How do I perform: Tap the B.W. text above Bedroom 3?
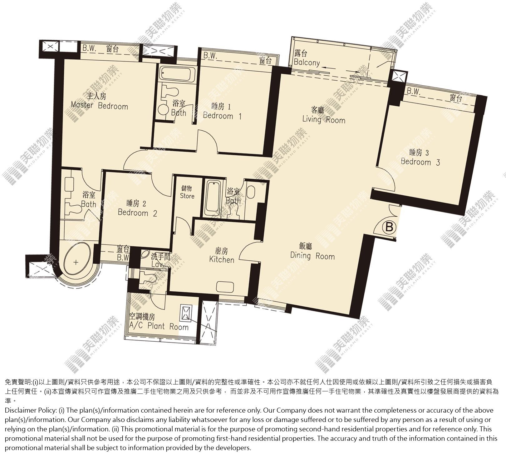pyautogui.click(x=414, y=92)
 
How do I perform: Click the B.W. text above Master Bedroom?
pyautogui.click(x=90, y=48)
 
